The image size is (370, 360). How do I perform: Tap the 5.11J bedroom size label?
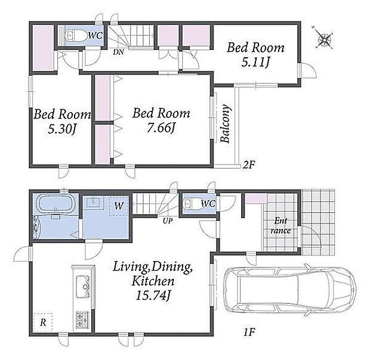click(255, 62)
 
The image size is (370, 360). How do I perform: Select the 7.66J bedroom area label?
click(161, 128)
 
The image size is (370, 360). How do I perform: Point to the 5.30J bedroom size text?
click(62, 129)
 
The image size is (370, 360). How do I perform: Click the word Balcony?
click(225, 123)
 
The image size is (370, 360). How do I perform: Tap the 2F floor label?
click(249, 165)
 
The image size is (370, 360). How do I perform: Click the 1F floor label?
click(249, 332)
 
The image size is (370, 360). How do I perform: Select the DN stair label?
click(118, 52)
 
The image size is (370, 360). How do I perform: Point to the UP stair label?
click(167, 221)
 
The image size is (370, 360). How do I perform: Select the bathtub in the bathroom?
click(55, 204)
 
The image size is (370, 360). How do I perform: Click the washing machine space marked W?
click(118, 206)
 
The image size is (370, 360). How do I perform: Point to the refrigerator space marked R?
click(43, 322)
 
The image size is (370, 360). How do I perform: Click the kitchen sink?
click(82, 287)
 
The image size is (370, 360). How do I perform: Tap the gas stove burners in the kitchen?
click(82, 320)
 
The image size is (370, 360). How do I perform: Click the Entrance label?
click(280, 226)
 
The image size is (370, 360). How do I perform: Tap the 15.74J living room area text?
click(153, 296)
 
